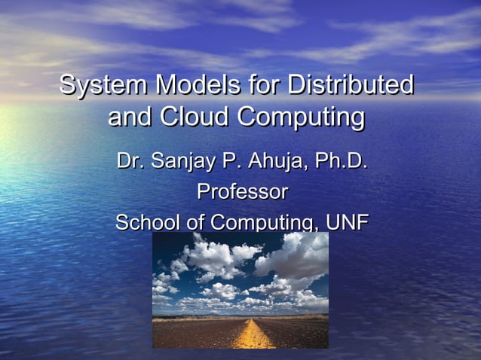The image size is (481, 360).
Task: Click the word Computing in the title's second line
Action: click(301, 118)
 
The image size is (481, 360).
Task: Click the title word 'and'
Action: click(129, 118)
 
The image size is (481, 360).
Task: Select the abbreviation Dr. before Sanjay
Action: click(130, 161)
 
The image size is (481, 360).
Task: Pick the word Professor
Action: click(241, 192)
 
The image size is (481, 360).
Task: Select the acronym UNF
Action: click(346, 223)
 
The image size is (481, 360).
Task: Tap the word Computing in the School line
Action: click(261, 224)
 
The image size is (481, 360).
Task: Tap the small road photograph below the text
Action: click(240, 290)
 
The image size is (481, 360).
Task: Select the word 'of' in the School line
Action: click(195, 223)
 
